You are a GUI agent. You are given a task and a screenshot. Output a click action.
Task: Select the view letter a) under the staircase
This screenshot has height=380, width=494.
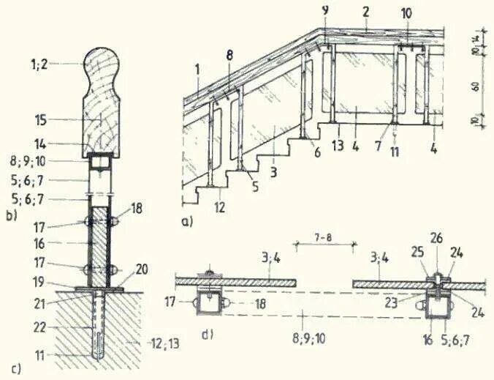point(189,218)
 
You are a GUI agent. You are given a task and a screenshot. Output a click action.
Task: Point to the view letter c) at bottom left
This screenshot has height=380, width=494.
point(15,369)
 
